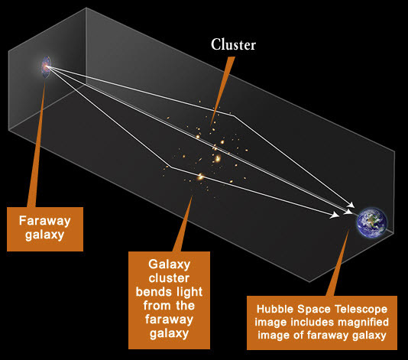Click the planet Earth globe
[372, 222]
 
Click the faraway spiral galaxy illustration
[47, 67]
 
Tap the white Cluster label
[233, 44]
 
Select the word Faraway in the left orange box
[45, 221]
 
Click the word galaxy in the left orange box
[45, 235]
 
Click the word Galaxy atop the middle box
[169, 264]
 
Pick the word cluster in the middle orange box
[169, 278]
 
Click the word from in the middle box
[157, 305]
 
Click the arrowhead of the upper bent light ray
[351, 205]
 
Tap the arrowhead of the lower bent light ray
[335, 215]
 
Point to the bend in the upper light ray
[232, 115]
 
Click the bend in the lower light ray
[171, 167]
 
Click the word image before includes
[271, 323]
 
